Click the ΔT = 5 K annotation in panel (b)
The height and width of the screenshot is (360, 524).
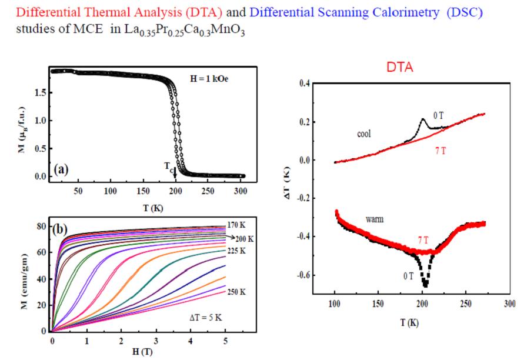(204, 318)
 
